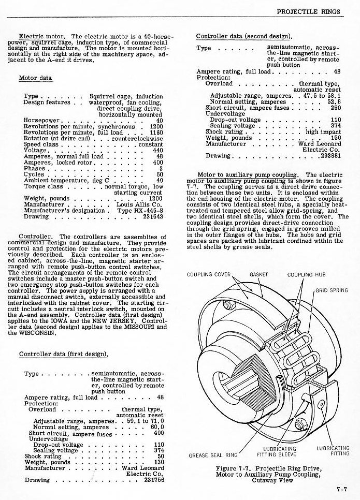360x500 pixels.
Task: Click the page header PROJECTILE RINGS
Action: [x=309, y=11]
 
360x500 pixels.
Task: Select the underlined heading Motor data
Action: [x=35, y=78]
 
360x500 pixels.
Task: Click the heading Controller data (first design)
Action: [x=63, y=354]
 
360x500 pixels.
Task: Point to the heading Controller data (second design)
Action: [x=244, y=36]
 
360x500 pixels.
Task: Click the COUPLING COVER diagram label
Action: [x=208, y=274]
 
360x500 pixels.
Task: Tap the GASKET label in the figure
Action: [x=258, y=274]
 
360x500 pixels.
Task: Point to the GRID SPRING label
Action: [x=332, y=290]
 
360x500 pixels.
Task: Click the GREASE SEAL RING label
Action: [x=213, y=455]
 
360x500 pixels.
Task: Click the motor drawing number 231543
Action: [x=153, y=217]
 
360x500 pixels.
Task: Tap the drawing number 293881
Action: [x=330, y=156]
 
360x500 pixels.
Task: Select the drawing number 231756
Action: [x=153, y=480]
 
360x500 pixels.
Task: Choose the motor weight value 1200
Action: [x=155, y=198]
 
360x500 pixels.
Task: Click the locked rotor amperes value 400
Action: [x=157, y=162]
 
